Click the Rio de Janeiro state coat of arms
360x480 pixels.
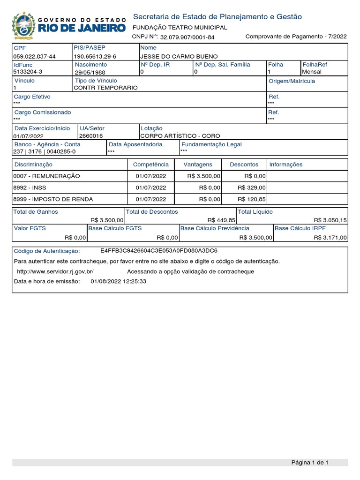coord(22,26)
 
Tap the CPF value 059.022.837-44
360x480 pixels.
coord(35,56)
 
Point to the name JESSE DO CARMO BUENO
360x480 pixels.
coord(173,56)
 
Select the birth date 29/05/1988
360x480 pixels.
coord(90,72)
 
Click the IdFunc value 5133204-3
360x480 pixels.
coord(28,72)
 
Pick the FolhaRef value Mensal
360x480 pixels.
coord(312,72)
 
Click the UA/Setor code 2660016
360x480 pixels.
coord(91,135)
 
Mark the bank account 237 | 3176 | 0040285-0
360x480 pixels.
coord(45,151)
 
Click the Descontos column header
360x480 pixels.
coord(244,165)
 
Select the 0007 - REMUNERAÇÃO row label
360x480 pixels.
coord(47,176)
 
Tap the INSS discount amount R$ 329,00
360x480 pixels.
coord(252,187)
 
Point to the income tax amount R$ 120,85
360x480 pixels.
coord(252,199)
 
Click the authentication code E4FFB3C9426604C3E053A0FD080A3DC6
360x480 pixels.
coord(159,251)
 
